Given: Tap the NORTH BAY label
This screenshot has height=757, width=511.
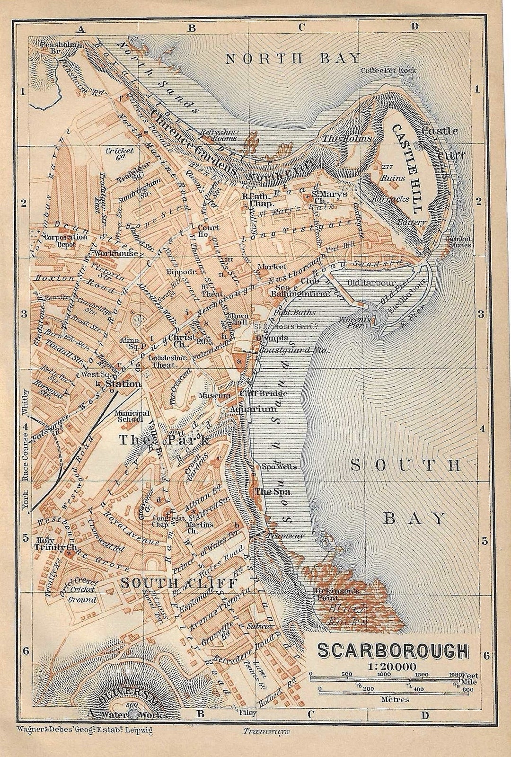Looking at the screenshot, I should tap(293, 59).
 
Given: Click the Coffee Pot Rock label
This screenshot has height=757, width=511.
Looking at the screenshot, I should tap(388, 70).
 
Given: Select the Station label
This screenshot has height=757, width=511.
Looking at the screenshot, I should tap(123, 383).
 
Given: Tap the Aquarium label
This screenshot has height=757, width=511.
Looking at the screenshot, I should tap(253, 409).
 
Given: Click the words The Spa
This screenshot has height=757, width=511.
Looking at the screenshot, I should tap(273, 491).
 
